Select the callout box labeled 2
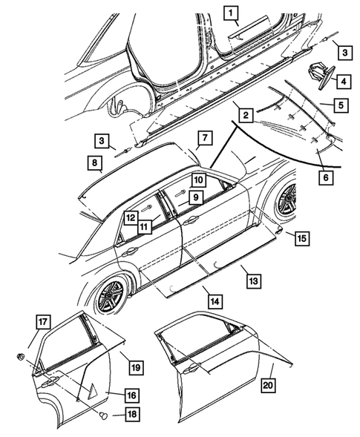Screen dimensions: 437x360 (243, 114)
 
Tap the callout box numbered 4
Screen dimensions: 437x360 (343, 80)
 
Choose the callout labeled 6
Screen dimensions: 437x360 (325, 177)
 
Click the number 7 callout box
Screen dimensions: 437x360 (204, 137)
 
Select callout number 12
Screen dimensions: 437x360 (129, 217)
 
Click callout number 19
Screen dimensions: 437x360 (135, 366)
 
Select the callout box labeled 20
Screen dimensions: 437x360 (267, 386)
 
